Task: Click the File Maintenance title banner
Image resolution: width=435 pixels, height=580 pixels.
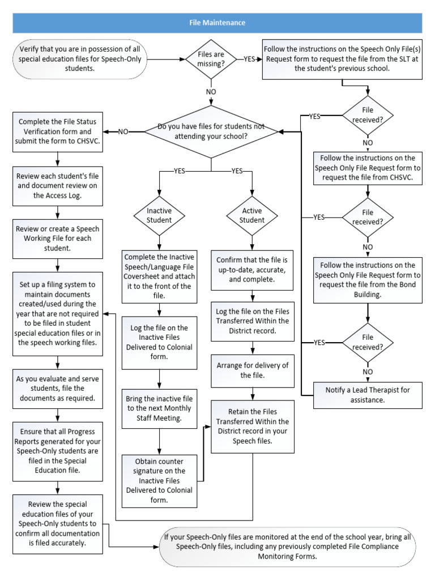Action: tap(217, 23)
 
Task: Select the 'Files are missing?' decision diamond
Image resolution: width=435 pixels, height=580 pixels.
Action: tap(211, 58)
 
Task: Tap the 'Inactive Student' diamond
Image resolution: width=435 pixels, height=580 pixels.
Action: tap(159, 215)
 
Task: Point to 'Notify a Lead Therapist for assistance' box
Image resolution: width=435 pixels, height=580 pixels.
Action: tap(368, 395)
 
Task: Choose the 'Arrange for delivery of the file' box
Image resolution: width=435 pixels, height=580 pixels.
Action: tap(253, 369)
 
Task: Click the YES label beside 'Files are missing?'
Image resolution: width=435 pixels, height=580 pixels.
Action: tap(249, 58)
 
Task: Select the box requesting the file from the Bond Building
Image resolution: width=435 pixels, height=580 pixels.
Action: tap(368, 279)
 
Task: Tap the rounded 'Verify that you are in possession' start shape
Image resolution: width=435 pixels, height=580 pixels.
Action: tap(80, 58)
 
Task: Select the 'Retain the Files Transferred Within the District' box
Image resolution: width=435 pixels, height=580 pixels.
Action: tap(253, 426)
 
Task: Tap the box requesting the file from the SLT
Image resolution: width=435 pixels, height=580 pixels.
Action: tap(342, 58)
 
